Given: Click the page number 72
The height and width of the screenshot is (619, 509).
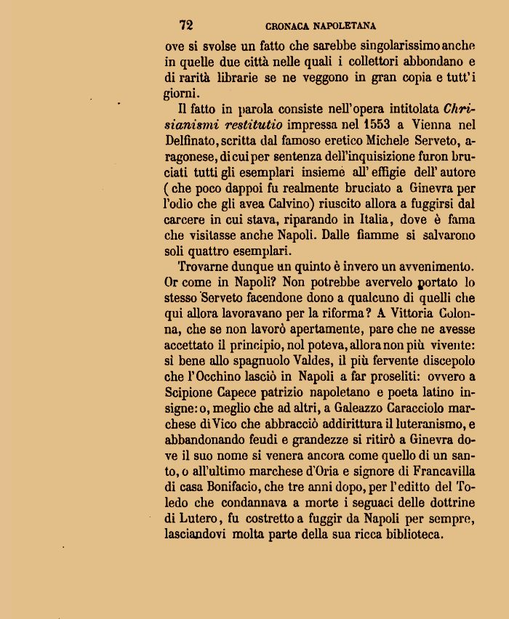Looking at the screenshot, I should pos(185,25).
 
